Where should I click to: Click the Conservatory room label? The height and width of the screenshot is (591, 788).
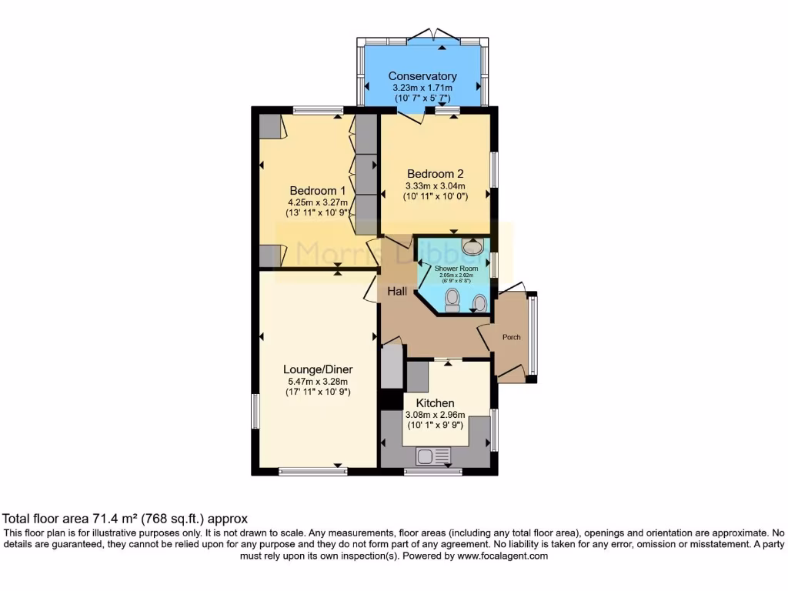[x=422, y=76]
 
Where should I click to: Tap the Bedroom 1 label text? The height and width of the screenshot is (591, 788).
[x=317, y=191]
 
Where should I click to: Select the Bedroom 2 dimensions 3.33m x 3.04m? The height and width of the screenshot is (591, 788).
[x=436, y=185]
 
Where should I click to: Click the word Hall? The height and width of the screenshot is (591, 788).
[x=397, y=292]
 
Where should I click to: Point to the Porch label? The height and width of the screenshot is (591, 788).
[x=512, y=337]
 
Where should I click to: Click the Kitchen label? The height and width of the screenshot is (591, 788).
[x=436, y=403]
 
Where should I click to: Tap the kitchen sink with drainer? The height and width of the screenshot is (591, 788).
[x=436, y=456]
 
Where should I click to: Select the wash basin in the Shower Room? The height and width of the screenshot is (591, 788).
[x=471, y=246]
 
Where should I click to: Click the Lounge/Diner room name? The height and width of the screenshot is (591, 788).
[x=317, y=369]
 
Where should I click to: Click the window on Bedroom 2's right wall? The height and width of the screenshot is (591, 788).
[x=494, y=170]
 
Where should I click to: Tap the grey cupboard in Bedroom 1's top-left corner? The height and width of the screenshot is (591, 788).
[x=269, y=126]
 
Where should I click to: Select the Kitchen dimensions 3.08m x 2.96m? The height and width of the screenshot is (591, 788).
[x=436, y=416]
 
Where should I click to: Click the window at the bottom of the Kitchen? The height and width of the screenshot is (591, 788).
[x=428, y=472]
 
